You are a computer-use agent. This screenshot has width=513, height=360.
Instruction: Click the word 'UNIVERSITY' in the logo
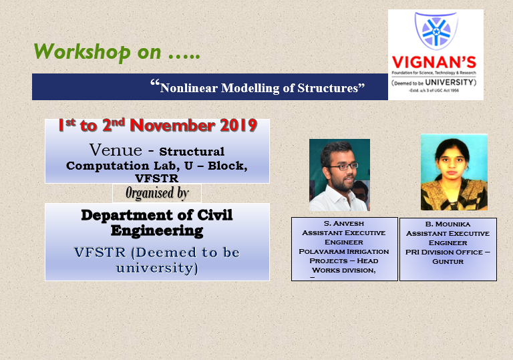pyautogui.click(x=451, y=82)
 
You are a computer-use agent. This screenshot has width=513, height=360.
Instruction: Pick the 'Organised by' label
pyautogui.click(x=157, y=193)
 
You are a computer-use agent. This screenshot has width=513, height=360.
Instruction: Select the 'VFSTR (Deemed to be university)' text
pyautogui.click(x=156, y=260)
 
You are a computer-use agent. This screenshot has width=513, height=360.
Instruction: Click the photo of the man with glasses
pyautogui.click(x=339, y=175)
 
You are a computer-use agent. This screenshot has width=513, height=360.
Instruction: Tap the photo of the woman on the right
pyautogui.click(x=454, y=172)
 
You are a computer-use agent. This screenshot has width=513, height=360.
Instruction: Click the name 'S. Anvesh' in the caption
pyautogui.click(x=344, y=223)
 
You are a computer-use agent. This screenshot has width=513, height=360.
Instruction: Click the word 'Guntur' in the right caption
pyautogui.click(x=448, y=261)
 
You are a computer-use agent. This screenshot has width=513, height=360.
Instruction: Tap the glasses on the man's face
pyautogui.click(x=343, y=165)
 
